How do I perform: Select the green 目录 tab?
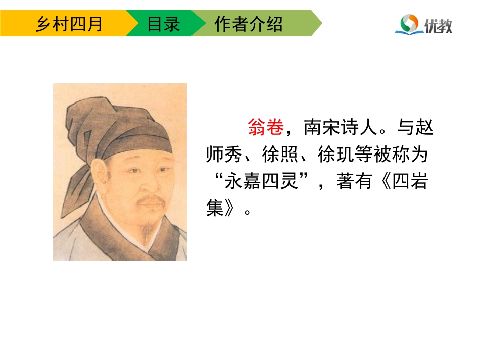[x=163, y=24]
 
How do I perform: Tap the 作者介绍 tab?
[x=249, y=24]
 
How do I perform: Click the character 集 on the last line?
[x=215, y=209]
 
